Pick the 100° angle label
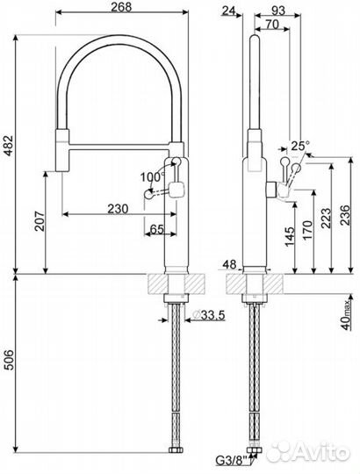(152, 176)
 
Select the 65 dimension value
(158, 229)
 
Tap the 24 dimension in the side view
(231, 10)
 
